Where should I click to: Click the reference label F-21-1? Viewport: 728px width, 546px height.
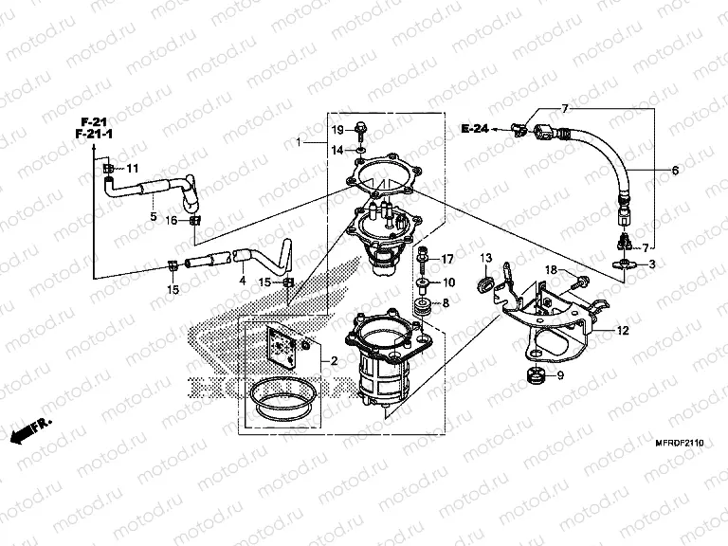[95, 136]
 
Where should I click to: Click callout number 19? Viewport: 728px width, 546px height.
[337, 129]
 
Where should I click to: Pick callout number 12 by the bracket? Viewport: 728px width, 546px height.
[622, 332]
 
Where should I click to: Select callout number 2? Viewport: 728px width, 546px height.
[334, 362]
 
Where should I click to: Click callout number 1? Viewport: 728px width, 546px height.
[300, 142]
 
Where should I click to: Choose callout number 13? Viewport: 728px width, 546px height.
[483, 258]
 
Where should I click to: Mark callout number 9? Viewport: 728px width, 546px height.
[558, 376]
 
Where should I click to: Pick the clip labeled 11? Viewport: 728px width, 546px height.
[109, 169]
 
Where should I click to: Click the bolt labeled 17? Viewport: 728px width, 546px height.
[422, 257]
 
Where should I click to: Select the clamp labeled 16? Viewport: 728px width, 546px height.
[194, 221]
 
